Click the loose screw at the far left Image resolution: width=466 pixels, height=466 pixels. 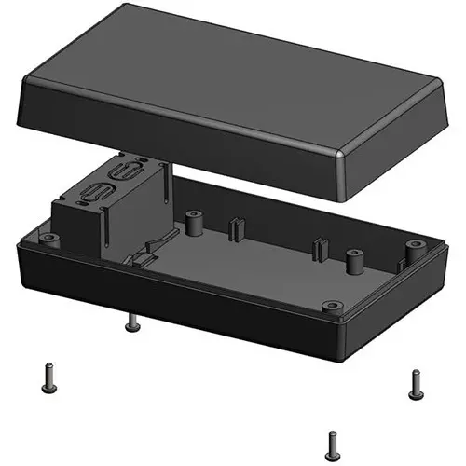click(47, 377)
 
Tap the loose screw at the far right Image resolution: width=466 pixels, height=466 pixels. click(417, 381)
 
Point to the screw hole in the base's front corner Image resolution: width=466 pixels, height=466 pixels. click(327, 306)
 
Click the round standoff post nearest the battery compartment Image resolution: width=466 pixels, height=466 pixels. click(194, 223)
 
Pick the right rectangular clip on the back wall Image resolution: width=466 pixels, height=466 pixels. click(320, 248)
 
